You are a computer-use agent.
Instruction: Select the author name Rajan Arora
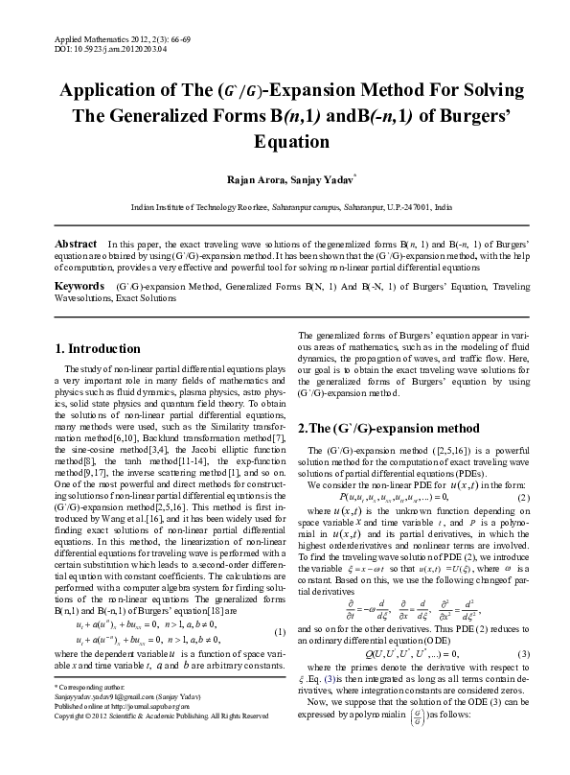(251, 178)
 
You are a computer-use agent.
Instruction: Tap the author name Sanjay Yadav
(309, 178)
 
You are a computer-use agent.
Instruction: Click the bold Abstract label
(76, 245)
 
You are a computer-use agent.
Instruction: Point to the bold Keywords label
(80, 287)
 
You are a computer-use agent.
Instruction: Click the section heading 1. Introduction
(99, 348)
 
